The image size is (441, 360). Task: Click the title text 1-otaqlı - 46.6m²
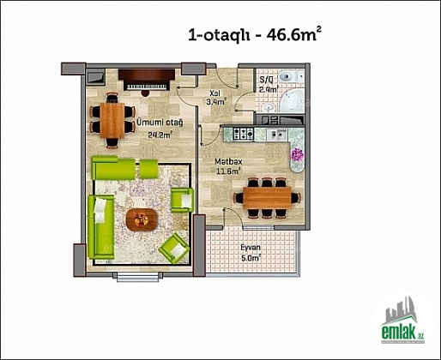click(x=254, y=34)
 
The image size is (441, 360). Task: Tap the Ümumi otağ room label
click(x=160, y=123)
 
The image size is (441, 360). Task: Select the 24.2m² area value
click(x=160, y=135)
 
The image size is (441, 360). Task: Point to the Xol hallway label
click(x=214, y=93)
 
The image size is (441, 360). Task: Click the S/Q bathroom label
click(x=265, y=79)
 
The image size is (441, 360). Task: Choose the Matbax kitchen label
click(x=228, y=162)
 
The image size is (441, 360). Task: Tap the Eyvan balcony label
click(x=251, y=248)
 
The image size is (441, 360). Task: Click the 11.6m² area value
click(x=228, y=171)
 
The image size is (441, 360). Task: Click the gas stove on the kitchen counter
click(x=244, y=134)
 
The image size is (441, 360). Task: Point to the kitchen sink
click(x=276, y=135)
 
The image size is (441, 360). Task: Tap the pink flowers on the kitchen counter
click(x=297, y=155)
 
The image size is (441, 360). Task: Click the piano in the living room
click(x=147, y=80)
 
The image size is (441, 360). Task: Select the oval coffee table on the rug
click(x=142, y=219)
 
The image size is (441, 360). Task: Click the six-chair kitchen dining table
click(x=267, y=198)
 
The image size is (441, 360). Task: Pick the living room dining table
click(x=112, y=120)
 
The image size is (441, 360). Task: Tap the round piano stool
click(x=145, y=93)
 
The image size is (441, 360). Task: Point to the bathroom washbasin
click(x=269, y=107)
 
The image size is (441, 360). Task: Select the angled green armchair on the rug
click(x=174, y=249)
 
